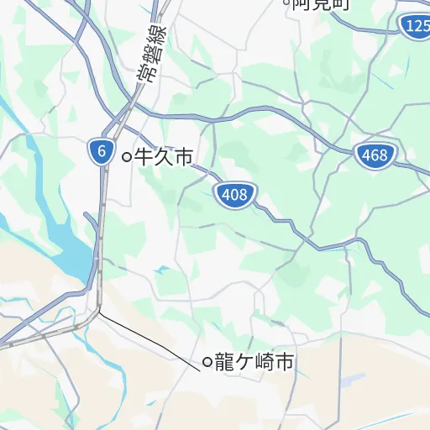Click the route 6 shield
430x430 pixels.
pyautogui.click(x=100, y=152)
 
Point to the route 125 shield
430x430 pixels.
pyautogui.click(x=415, y=26)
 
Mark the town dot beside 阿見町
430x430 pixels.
pyautogui.click(x=286, y=3)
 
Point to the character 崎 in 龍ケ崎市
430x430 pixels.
pyautogui.click(x=265, y=364)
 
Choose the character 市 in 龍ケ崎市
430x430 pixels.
pyautogui.click(x=286, y=364)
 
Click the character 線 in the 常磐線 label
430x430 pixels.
pyautogui.click(x=161, y=37)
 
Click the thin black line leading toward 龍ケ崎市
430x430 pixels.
pyautogui.click(x=151, y=341)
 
